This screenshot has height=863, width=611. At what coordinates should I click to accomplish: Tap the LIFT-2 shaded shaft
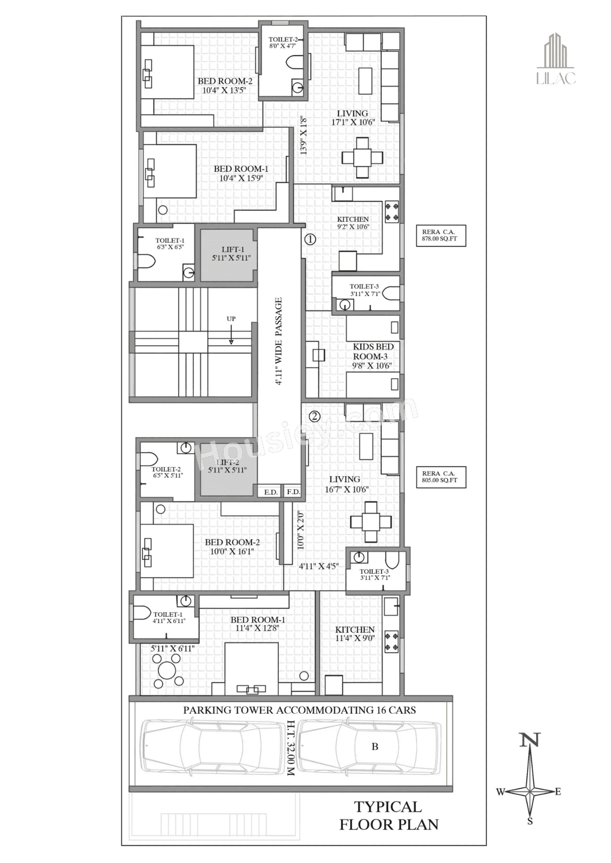(228, 469)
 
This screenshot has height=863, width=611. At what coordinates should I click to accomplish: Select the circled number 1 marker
(310, 239)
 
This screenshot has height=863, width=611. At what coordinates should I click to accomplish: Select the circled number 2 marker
(314, 416)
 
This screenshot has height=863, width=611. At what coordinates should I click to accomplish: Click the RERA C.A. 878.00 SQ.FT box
(440, 235)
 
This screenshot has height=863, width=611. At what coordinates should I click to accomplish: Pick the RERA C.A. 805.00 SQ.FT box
(440, 477)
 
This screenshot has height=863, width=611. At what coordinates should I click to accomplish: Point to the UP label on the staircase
(231, 319)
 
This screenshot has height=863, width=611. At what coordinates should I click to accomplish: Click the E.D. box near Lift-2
(271, 492)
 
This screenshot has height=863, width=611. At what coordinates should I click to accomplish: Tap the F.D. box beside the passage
(293, 492)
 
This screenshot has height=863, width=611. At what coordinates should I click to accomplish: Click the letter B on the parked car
(375, 747)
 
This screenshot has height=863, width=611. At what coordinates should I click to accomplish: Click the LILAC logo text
(556, 78)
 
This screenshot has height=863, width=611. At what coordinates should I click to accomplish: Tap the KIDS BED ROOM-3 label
(373, 356)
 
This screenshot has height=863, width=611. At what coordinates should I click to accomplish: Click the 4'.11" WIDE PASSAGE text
(279, 341)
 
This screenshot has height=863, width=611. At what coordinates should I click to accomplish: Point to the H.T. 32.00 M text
(291, 748)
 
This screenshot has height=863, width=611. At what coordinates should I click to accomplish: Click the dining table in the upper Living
(362, 158)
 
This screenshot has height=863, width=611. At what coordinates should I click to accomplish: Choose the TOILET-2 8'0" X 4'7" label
(283, 42)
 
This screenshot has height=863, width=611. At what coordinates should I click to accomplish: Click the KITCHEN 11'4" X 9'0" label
(355, 634)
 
